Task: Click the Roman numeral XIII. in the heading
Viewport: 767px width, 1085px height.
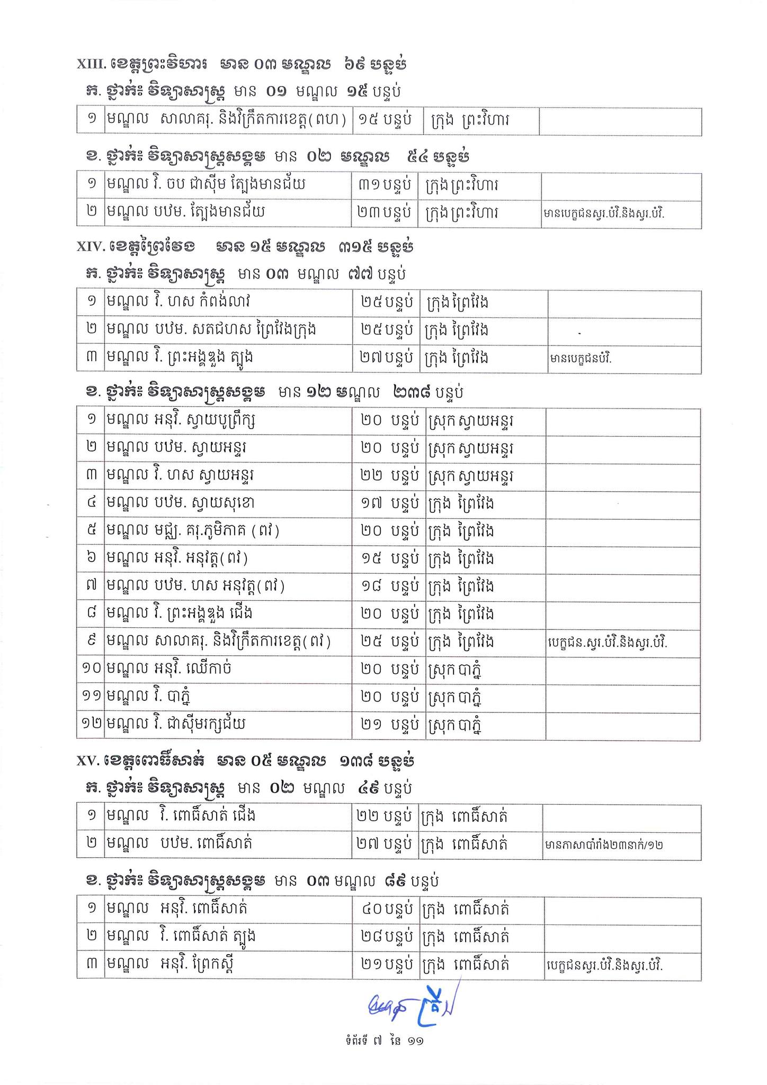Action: click(x=93, y=65)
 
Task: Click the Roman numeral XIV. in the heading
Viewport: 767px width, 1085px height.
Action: click(x=92, y=247)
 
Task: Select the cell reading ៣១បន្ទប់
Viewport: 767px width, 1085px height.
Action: click(x=384, y=185)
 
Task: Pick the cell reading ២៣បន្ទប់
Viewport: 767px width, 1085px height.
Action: click(x=384, y=213)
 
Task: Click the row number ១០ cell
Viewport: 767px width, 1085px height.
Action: click(x=91, y=669)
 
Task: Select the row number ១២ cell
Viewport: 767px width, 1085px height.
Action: click(x=91, y=724)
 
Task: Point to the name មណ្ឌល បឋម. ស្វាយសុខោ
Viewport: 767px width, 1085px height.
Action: click(x=181, y=503)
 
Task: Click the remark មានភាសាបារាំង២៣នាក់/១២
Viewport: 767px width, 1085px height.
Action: click(x=603, y=845)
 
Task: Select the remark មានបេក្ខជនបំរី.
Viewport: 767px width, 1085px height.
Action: click(x=581, y=359)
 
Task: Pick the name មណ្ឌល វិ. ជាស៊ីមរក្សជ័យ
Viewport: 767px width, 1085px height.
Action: click(x=176, y=724)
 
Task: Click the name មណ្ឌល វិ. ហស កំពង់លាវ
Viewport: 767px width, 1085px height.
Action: click(x=179, y=303)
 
